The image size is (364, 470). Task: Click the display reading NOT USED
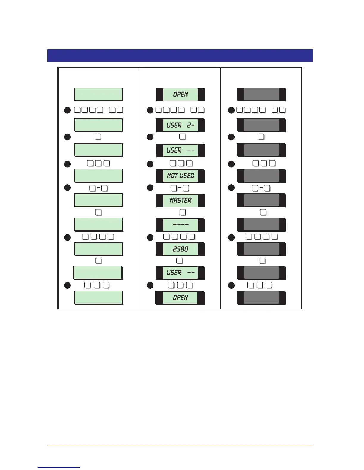tap(180, 176)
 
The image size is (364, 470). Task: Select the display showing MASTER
tap(180, 200)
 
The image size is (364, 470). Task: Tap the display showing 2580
tap(180, 249)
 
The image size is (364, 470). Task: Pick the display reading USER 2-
tap(180, 125)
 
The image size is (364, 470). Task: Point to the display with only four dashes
tap(180, 225)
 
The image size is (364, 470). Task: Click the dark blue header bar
tap(180, 55)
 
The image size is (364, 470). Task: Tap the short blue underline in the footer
tap(59, 468)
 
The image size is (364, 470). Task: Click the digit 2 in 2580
tap(175, 249)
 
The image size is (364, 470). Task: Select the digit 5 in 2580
tap(179, 249)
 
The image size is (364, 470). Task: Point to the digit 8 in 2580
tap(182, 249)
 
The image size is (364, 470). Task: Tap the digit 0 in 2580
tap(186, 249)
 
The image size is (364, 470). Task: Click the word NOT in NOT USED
tap(172, 176)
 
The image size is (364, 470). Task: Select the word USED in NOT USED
tap(187, 176)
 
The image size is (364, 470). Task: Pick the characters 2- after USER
tap(191, 125)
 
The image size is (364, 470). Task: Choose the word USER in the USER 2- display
tap(174, 125)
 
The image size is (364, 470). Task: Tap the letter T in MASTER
tap(182, 200)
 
